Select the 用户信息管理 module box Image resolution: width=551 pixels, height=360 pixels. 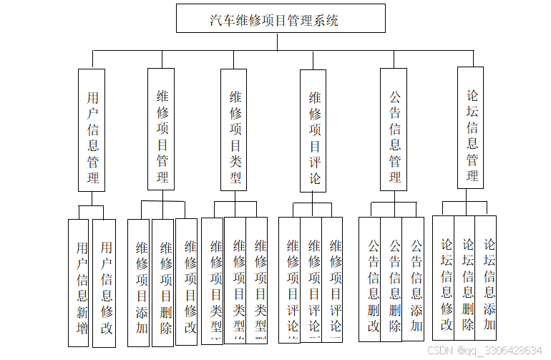click(92, 130)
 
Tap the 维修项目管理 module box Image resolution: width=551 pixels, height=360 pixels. click(161, 130)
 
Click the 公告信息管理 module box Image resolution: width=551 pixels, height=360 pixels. click(394, 130)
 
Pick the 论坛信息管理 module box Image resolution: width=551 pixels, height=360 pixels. click(470, 127)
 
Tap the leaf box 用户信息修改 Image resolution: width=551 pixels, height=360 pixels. click(104, 283)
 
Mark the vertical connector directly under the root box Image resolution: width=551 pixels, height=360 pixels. click(277, 42)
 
